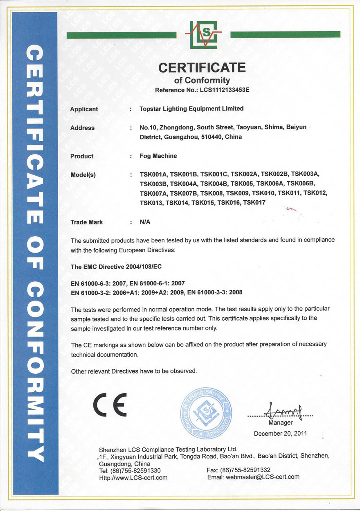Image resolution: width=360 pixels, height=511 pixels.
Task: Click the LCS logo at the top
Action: pos(203,34)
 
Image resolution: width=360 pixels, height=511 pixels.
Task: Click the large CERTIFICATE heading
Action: pos(202,67)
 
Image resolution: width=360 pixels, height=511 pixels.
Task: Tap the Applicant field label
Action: pos(84,109)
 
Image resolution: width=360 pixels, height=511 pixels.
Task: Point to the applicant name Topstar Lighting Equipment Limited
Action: pos(191,109)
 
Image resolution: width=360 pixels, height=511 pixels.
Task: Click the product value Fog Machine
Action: pos(158,156)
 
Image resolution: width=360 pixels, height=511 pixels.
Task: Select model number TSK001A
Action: pos(153,175)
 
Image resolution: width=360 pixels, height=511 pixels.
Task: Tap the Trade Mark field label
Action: pos(87,222)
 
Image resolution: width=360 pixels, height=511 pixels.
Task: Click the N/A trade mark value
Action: pos(145,222)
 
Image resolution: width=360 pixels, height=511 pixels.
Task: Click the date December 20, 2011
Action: pos(280,433)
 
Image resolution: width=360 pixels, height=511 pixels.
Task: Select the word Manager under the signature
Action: pos(281,423)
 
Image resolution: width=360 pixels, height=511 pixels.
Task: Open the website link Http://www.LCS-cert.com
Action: pos(133,477)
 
